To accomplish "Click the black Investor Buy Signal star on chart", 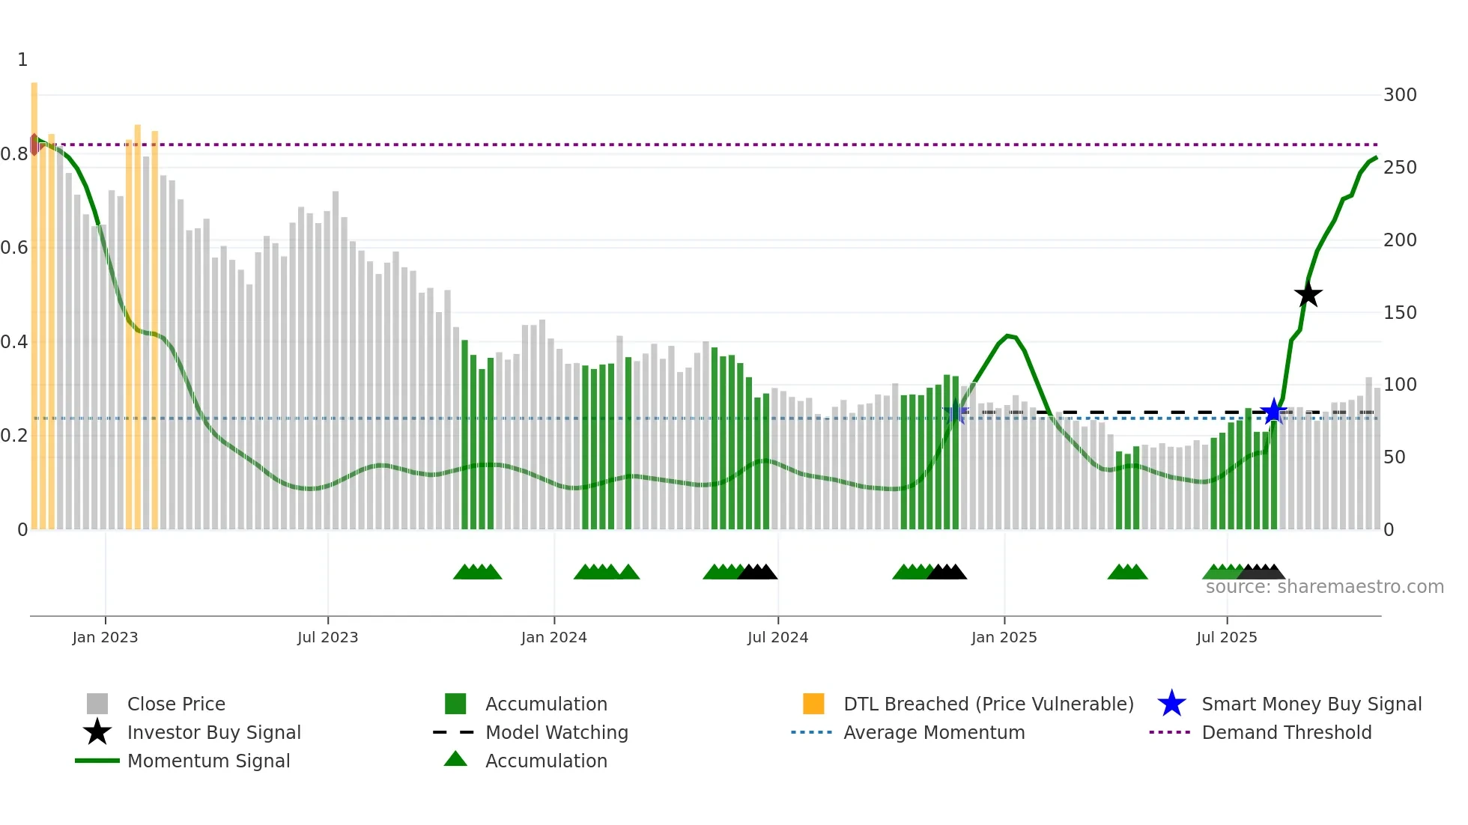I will point(1308,295).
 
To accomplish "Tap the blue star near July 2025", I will point(1273,411).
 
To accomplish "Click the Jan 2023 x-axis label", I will point(105,637).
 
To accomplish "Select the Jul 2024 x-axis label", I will point(777,637).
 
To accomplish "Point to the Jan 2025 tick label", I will point(1004,637).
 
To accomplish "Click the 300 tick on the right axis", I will point(1399,95).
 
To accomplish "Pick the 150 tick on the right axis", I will point(1399,312).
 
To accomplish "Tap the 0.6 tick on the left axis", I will point(14,248).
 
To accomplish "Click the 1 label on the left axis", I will point(22,60).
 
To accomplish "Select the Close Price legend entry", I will point(175,704).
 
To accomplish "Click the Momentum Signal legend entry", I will point(208,761).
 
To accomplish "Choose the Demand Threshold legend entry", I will point(1286,732).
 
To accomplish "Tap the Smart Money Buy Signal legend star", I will point(1171,704).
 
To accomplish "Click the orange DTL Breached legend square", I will point(813,704).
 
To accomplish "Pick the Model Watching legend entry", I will point(556,732).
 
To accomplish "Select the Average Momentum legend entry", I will point(933,732).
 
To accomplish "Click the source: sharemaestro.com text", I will point(1324,587).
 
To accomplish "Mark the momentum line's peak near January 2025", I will point(1008,335).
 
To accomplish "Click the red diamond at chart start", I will point(34,144).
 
